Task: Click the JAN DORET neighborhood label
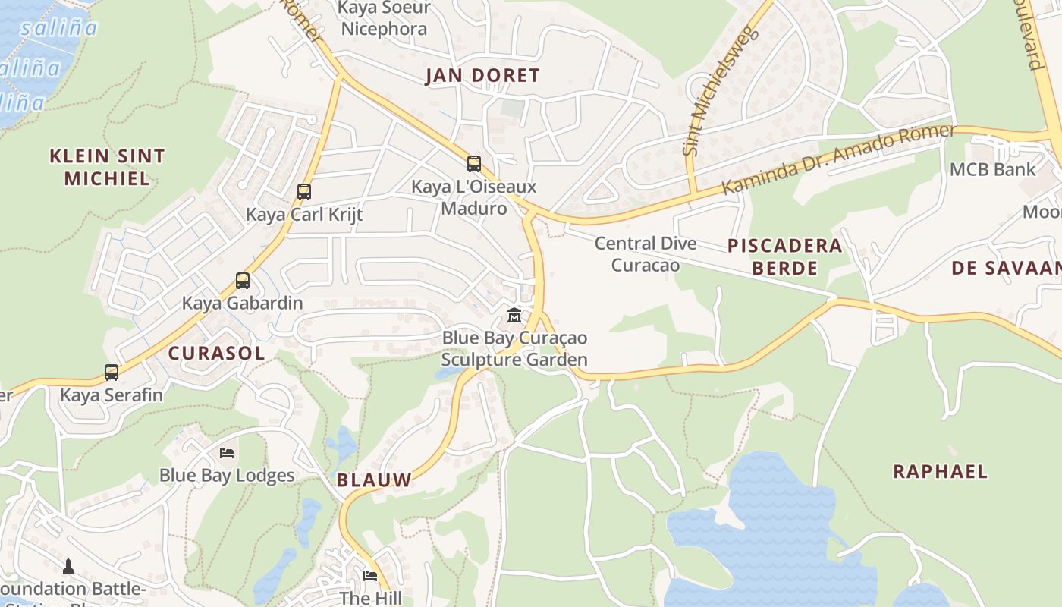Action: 482,76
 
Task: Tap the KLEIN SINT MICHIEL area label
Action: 107,168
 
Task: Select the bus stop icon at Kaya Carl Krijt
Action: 304,192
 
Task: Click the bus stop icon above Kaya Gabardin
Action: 243,281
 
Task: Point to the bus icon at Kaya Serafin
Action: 112,373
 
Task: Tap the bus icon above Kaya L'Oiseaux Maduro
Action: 474,163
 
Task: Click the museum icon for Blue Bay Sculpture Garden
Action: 514,315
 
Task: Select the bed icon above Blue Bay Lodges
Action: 227,453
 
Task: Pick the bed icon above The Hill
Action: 370,575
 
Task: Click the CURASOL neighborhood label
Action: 217,353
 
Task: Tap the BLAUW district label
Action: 374,480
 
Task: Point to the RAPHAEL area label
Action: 940,471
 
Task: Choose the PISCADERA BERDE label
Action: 785,256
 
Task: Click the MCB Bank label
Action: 992,169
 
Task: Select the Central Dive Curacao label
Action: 646,254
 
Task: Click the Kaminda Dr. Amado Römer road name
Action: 838,158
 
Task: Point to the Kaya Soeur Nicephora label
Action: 384,19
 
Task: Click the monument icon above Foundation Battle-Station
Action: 68,566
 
